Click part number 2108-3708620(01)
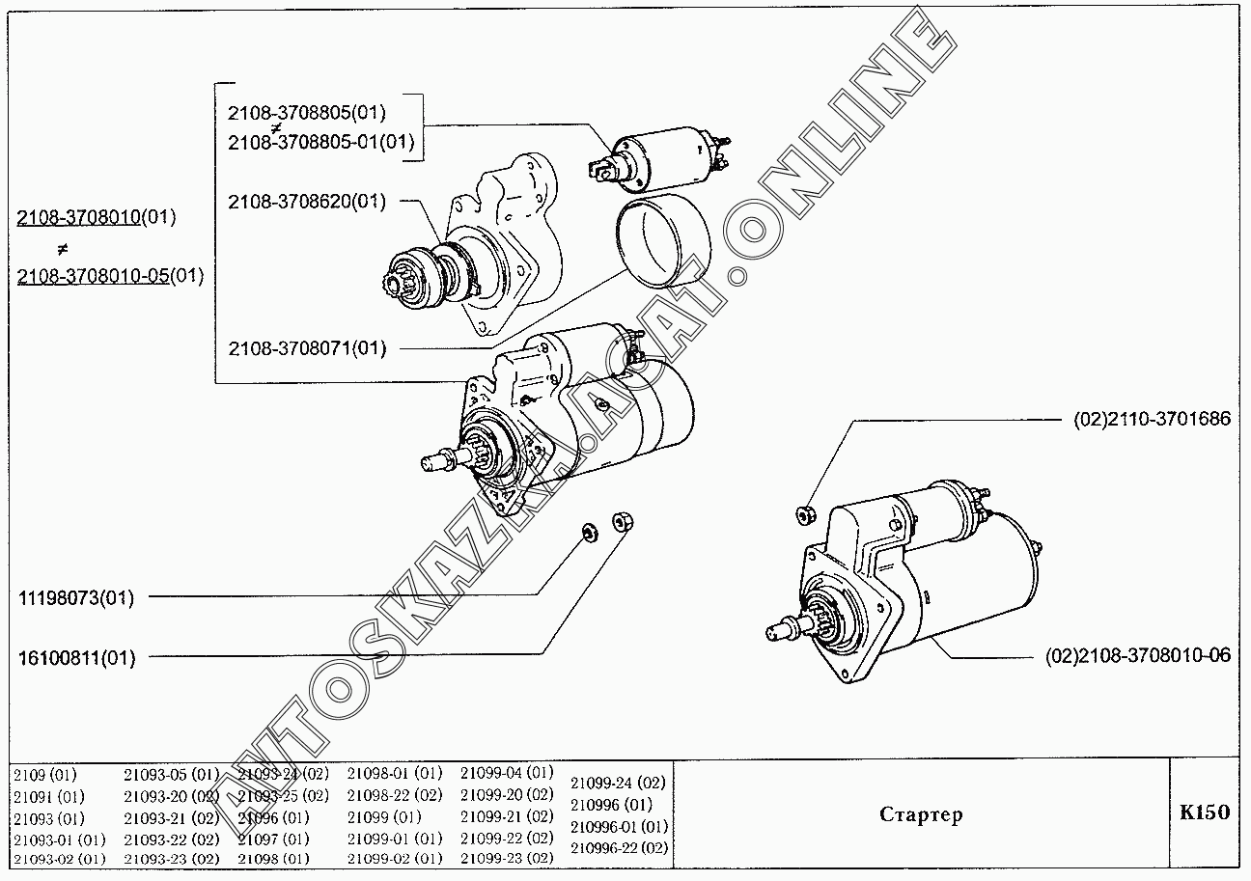306,202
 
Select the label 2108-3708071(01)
306,348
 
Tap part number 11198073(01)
76,598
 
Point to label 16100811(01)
76,659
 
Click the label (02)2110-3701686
1152,420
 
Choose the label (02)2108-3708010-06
1138,656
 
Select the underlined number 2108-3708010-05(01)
110,276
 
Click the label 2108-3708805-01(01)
320,143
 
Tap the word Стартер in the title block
921,814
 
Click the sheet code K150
1204,812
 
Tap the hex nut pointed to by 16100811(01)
622,523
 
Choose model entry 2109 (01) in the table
44,774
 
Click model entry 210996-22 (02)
619,848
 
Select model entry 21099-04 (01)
506,773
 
